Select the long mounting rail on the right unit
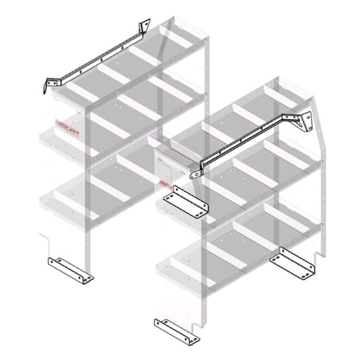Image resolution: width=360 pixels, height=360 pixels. click(246, 138)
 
